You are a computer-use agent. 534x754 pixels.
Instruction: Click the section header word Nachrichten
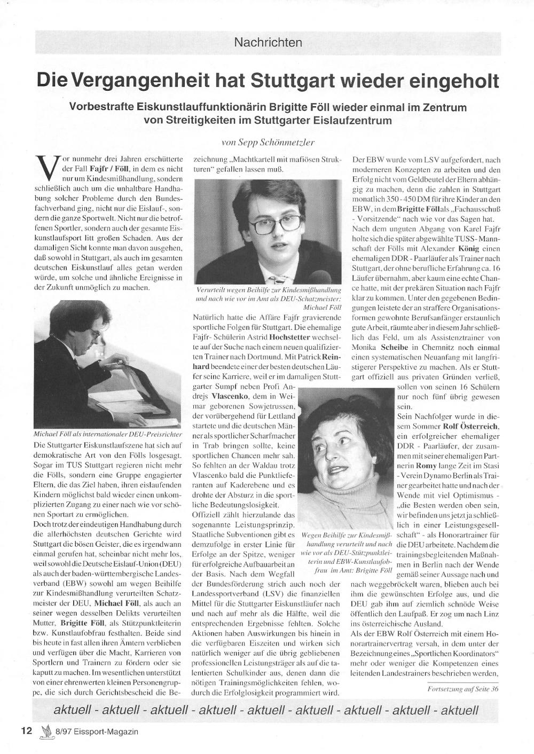tap(268, 42)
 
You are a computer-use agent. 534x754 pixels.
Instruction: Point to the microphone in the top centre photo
tap(320, 277)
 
